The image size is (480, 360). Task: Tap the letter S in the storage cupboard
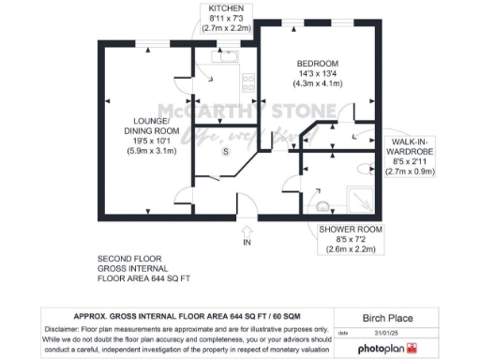coord(224,151)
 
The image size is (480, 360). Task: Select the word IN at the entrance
coord(247,243)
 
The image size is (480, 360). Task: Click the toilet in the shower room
coord(364,169)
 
